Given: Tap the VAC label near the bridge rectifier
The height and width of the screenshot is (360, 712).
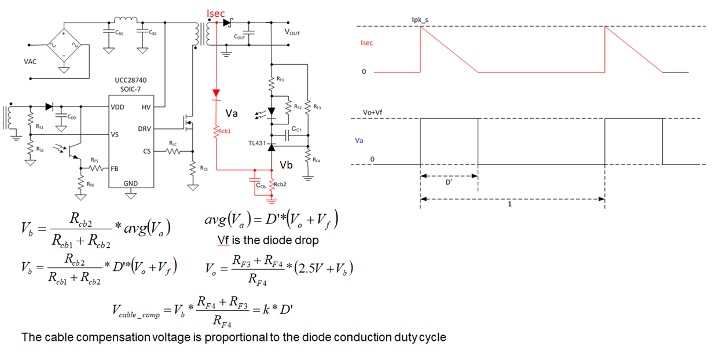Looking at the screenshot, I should click(30, 61).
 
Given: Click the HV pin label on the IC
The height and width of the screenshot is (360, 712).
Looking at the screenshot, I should click(146, 107).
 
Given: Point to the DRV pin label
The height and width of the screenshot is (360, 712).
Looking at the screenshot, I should click(144, 129).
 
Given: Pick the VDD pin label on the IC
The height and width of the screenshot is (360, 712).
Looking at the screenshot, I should click(118, 107).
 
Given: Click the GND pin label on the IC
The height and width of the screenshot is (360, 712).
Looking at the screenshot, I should click(131, 184).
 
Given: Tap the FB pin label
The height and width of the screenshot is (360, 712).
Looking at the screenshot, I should click(115, 169).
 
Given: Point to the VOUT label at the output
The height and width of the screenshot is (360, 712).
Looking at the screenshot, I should click(292, 33).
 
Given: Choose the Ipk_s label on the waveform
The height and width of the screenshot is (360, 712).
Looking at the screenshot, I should click(420, 20).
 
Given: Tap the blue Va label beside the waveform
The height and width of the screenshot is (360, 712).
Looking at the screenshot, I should click(359, 139).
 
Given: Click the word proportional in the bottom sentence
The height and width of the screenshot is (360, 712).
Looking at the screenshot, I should click(236, 336).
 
